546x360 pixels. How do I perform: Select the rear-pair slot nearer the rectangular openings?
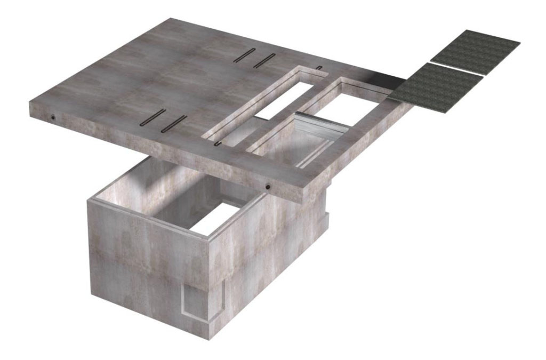pos(263,60)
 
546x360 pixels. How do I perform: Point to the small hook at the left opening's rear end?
pos(319,67)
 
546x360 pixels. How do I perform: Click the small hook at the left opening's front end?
pos(218,143)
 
